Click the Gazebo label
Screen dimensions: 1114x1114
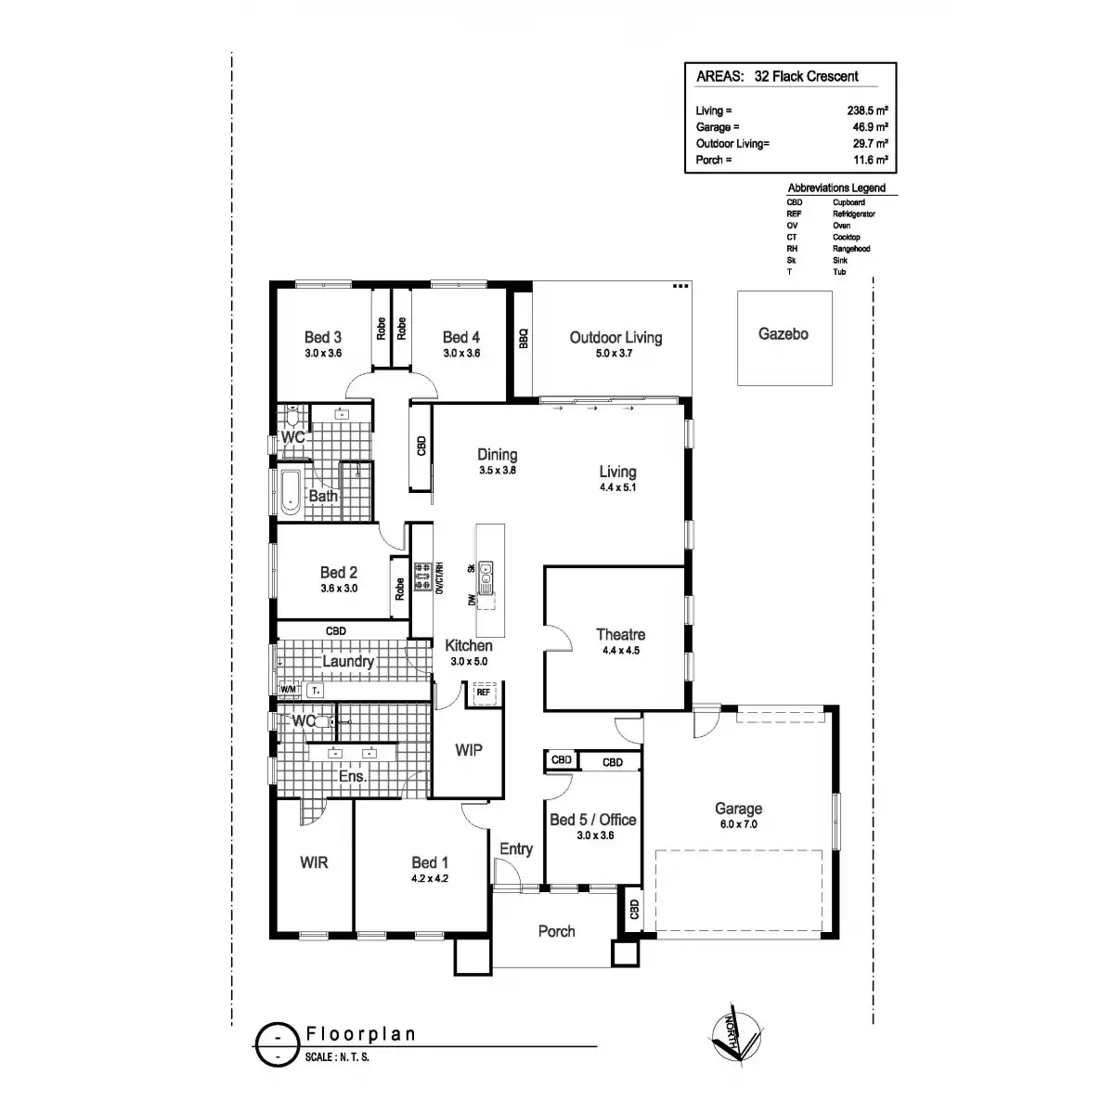tap(783, 334)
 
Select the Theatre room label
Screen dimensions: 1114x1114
tap(620, 635)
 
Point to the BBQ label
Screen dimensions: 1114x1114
tap(523, 338)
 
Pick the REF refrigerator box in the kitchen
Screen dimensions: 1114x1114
tap(483, 692)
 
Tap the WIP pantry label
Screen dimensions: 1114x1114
tap(469, 750)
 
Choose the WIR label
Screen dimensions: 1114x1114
tap(314, 862)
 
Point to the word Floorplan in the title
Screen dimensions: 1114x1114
tap(360, 1034)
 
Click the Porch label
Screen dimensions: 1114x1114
tap(556, 931)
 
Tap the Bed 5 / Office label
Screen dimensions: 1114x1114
tap(592, 820)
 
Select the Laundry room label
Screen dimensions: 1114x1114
tap(348, 662)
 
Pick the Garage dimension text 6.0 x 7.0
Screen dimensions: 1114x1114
tap(737, 823)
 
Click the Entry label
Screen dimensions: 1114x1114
tap(516, 848)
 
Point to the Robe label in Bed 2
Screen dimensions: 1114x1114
tap(400, 589)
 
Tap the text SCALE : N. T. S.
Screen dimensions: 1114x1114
tap(337, 1056)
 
